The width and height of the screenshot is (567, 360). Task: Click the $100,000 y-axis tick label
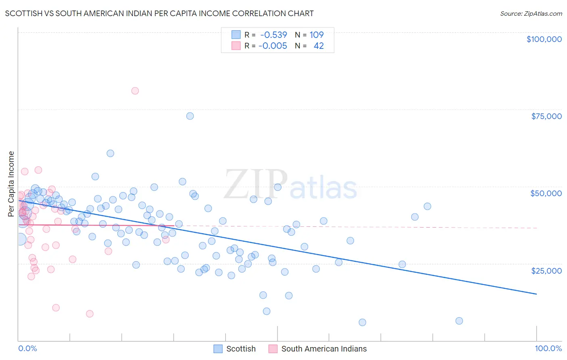pyautogui.click(x=544, y=39)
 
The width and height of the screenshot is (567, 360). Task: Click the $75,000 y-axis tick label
pyautogui.click(x=546, y=116)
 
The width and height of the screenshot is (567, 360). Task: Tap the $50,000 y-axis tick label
pyautogui.click(x=546, y=193)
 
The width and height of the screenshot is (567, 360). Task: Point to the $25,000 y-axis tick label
pyautogui.click(x=546, y=270)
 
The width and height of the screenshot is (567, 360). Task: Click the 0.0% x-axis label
pyautogui.click(x=27, y=348)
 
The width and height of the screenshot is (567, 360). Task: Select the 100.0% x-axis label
pyautogui.click(x=548, y=348)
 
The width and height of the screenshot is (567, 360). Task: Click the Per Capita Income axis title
pyautogui.click(x=11, y=184)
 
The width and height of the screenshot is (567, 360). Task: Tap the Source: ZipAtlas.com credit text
pyautogui.click(x=531, y=14)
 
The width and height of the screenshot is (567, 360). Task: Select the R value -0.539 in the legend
pyautogui.click(x=273, y=35)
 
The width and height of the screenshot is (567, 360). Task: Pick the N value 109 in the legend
pyautogui.click(x=317, y=35)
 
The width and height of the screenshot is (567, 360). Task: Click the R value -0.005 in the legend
pyautogui.click(x=273, y=46)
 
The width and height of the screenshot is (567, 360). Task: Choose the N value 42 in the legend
pyautogui.click(x=319, y=46)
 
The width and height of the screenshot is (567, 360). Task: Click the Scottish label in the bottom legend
pyautogui.click(x=241, y=349)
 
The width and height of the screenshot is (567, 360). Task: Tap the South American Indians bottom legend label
pyautogui.click(x=324, y=349)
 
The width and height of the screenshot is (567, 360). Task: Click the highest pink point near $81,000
pyautogui.click(x=135, y=91)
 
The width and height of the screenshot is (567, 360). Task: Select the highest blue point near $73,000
pyautogui.click(x=190, y=116)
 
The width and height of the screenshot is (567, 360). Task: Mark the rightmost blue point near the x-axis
pyautogui.click(x=459, y=321)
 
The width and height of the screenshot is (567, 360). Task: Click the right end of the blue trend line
pyautogui.click(x=536, y=294)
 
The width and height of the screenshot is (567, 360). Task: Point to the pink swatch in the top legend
pyautogui.click(x=236, y=46)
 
